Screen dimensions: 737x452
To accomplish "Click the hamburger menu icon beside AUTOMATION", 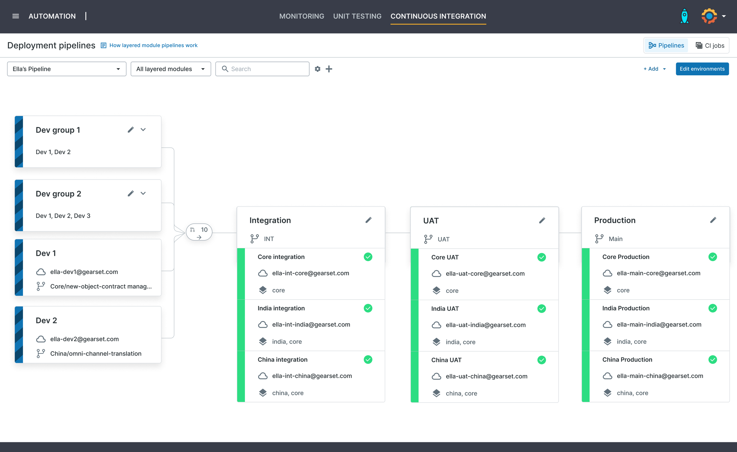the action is point(16,16).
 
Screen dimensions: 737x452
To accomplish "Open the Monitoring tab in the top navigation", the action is point(302,16).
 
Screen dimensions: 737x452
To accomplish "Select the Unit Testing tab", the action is point(357,16).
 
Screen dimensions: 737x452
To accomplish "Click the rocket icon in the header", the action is point(684,16).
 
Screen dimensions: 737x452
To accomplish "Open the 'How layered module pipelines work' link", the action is point(153,45).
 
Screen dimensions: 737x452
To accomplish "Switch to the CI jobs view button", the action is point(710,46).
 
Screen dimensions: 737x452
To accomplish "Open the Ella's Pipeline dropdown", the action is point(66,69).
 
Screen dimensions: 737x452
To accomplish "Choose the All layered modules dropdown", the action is point(171,69).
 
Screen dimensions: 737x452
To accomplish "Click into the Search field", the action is point(262,69).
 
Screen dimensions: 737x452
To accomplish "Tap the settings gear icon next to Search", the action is point(317,69).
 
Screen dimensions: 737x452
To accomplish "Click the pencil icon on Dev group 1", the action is point(131,130).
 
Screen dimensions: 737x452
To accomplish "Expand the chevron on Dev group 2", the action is point(143,193).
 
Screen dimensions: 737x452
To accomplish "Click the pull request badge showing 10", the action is point(199,232).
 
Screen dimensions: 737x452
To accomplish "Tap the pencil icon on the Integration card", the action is point(368,220).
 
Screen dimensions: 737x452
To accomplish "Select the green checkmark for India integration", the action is point(368,308).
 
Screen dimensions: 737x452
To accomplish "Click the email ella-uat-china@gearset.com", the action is point(487,376).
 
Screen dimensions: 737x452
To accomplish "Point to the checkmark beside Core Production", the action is point(713,257).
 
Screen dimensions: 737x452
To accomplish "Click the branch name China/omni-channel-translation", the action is point(96,353).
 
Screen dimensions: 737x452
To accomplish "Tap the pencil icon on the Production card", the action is point(713,220).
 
